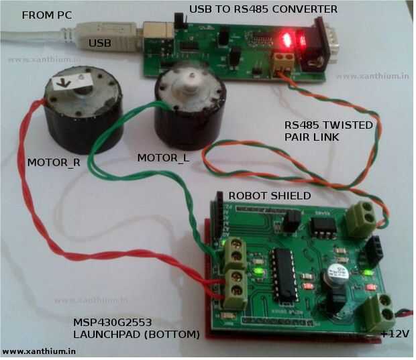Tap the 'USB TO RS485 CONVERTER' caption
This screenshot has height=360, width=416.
[x=263, y=9]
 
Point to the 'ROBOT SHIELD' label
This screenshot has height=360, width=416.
[x=268, y=196]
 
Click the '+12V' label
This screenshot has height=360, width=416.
[x=395, y=334]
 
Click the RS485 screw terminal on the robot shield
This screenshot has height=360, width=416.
[x=361, y=216]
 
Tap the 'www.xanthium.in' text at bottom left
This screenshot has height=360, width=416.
[x=39, y=351]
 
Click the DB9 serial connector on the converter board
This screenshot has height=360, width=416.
[x=323, y=44]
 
